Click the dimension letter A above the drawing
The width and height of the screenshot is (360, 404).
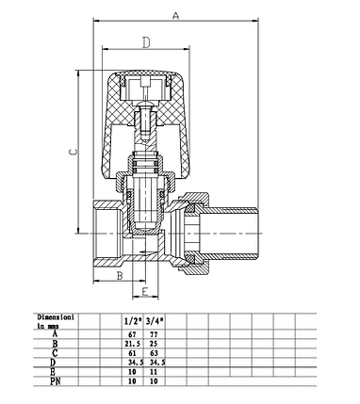[175, 15]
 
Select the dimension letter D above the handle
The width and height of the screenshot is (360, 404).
[146, 42]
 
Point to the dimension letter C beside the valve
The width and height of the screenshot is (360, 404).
[73, 152]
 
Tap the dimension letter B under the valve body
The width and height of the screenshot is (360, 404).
[120, 276]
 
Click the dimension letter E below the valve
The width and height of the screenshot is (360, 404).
[145, 292]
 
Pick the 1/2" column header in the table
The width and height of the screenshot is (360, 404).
[133, 321]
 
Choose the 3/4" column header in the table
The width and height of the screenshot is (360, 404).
[155, 321]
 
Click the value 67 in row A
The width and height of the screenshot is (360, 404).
[133, 334]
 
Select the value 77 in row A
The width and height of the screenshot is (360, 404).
[154, 334]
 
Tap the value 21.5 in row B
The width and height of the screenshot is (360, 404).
[133, 344]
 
